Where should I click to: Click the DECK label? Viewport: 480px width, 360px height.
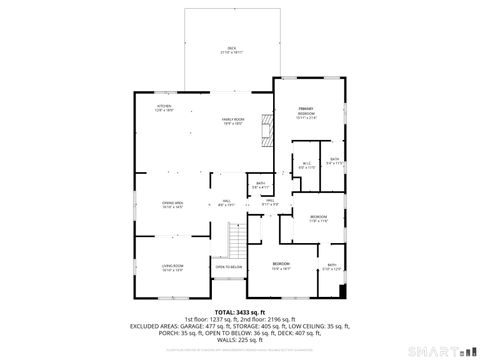231,49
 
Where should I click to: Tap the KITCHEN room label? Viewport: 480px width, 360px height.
163,107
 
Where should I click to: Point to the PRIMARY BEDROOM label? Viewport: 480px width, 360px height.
307,111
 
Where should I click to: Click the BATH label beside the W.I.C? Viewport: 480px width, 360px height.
335,160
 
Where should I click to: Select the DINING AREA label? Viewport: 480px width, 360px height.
172,205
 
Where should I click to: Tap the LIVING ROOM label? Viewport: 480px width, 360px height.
172,267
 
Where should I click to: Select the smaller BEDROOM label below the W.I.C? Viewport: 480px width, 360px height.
318,218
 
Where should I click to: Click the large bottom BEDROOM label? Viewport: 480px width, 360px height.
282,266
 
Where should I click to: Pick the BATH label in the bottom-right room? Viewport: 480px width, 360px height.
332,266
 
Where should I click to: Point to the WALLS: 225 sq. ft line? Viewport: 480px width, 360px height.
240,340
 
